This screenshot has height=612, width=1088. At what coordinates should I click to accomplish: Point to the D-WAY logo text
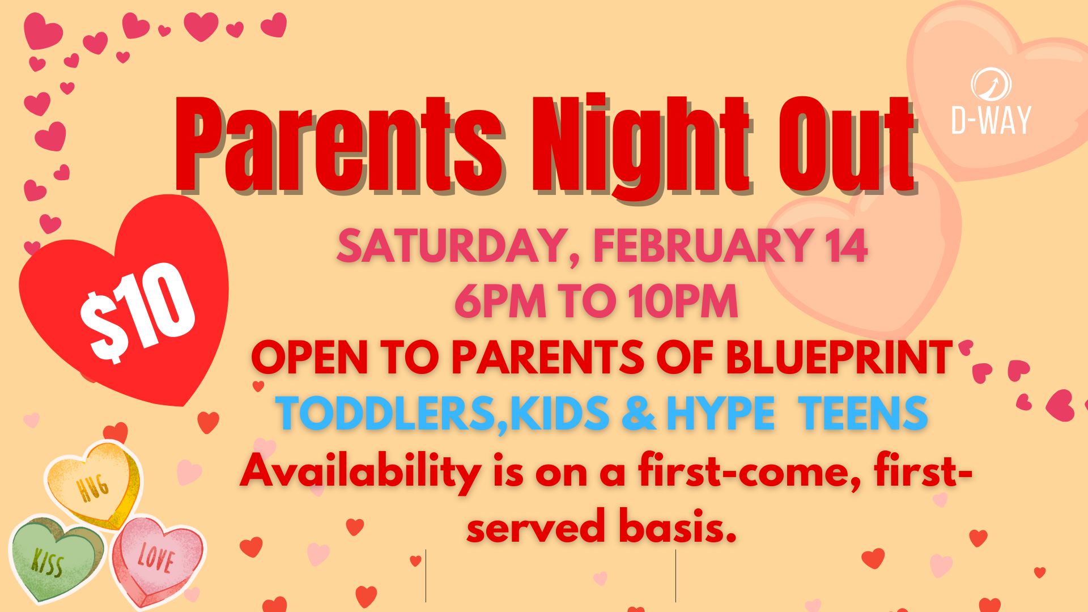tap(991, 121)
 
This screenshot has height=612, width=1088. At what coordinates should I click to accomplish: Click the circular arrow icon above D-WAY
tap(991, 84)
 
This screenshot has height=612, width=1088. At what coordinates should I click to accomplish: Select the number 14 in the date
tap(845, 246)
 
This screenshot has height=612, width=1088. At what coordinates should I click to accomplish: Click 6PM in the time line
tap(500, 301)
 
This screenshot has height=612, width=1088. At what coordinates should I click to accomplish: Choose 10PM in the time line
tap(683, 301)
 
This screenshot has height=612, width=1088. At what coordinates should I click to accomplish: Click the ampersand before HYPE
tap(639, 413)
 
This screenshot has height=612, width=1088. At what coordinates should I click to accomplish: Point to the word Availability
tap(360, 471)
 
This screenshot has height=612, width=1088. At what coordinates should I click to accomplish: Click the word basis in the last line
tap(677, 526)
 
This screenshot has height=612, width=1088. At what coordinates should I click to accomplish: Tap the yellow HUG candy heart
tap(93, 484)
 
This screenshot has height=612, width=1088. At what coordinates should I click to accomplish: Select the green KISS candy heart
tap(54, 558)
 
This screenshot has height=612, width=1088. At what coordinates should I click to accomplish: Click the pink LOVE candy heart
tap(157, 558)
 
